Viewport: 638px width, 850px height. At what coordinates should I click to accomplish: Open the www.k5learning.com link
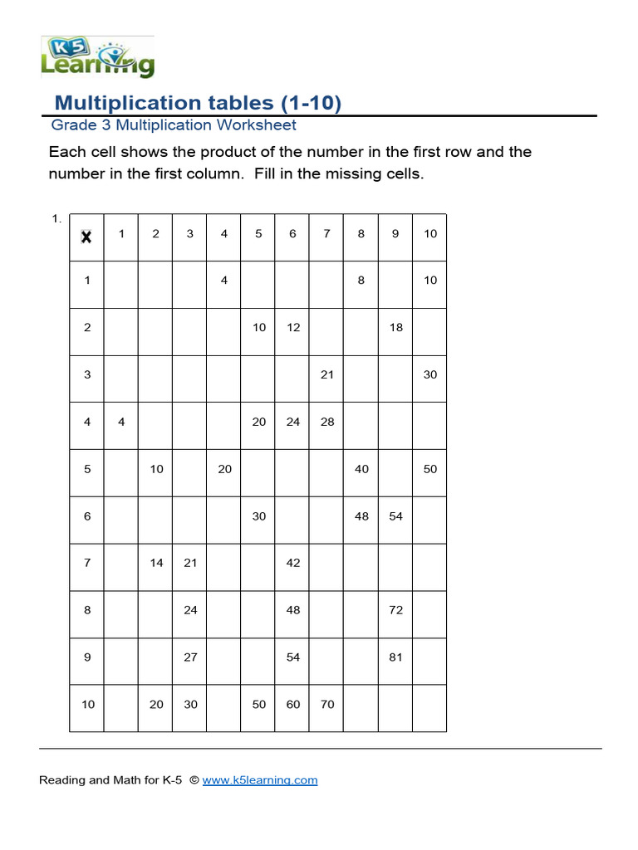coord(259,780)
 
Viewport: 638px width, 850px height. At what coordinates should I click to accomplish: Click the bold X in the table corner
coord(86,237)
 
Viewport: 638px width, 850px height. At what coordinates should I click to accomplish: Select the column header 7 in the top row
coord(326,234)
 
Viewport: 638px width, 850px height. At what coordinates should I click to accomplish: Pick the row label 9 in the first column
coord(87,657)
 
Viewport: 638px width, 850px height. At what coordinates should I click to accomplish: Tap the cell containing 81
coord(395,657)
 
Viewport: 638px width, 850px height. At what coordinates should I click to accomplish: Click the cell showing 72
coord(395,610)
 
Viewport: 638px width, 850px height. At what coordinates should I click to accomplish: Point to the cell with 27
coord(190,657)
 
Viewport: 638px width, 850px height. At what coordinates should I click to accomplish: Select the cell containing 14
coord(156,563)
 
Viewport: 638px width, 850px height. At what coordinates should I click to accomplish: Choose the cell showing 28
coord(327,422)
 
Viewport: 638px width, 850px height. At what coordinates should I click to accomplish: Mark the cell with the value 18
coord(395,328)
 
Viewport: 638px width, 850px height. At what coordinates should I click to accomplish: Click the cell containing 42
coord(292,563)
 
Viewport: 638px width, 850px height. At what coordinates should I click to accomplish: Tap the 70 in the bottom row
coord(327,705)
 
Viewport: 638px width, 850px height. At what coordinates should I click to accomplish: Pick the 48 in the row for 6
coord(361,516)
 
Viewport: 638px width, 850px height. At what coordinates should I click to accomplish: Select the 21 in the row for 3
coord(327,374)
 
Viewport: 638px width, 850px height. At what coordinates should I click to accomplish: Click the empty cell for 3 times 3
coord(190,374)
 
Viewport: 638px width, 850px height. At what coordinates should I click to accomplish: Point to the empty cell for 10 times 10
coord(429,705)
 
